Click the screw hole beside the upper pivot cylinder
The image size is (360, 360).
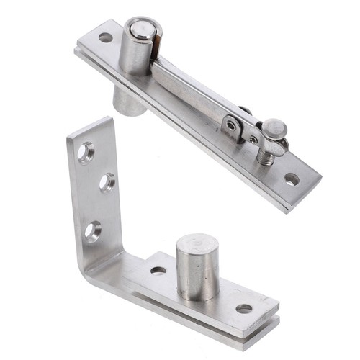(x=105, y=37)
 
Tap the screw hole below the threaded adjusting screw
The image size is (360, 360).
(x=291, y=178)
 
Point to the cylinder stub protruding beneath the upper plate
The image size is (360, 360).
(x=130, y=102)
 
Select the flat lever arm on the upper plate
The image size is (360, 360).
(x=191, y=90)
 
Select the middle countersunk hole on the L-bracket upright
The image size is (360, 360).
(x=106, y=182)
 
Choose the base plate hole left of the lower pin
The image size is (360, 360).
(x=158, y=271)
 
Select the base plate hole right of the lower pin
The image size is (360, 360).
(x=244, y=308)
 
